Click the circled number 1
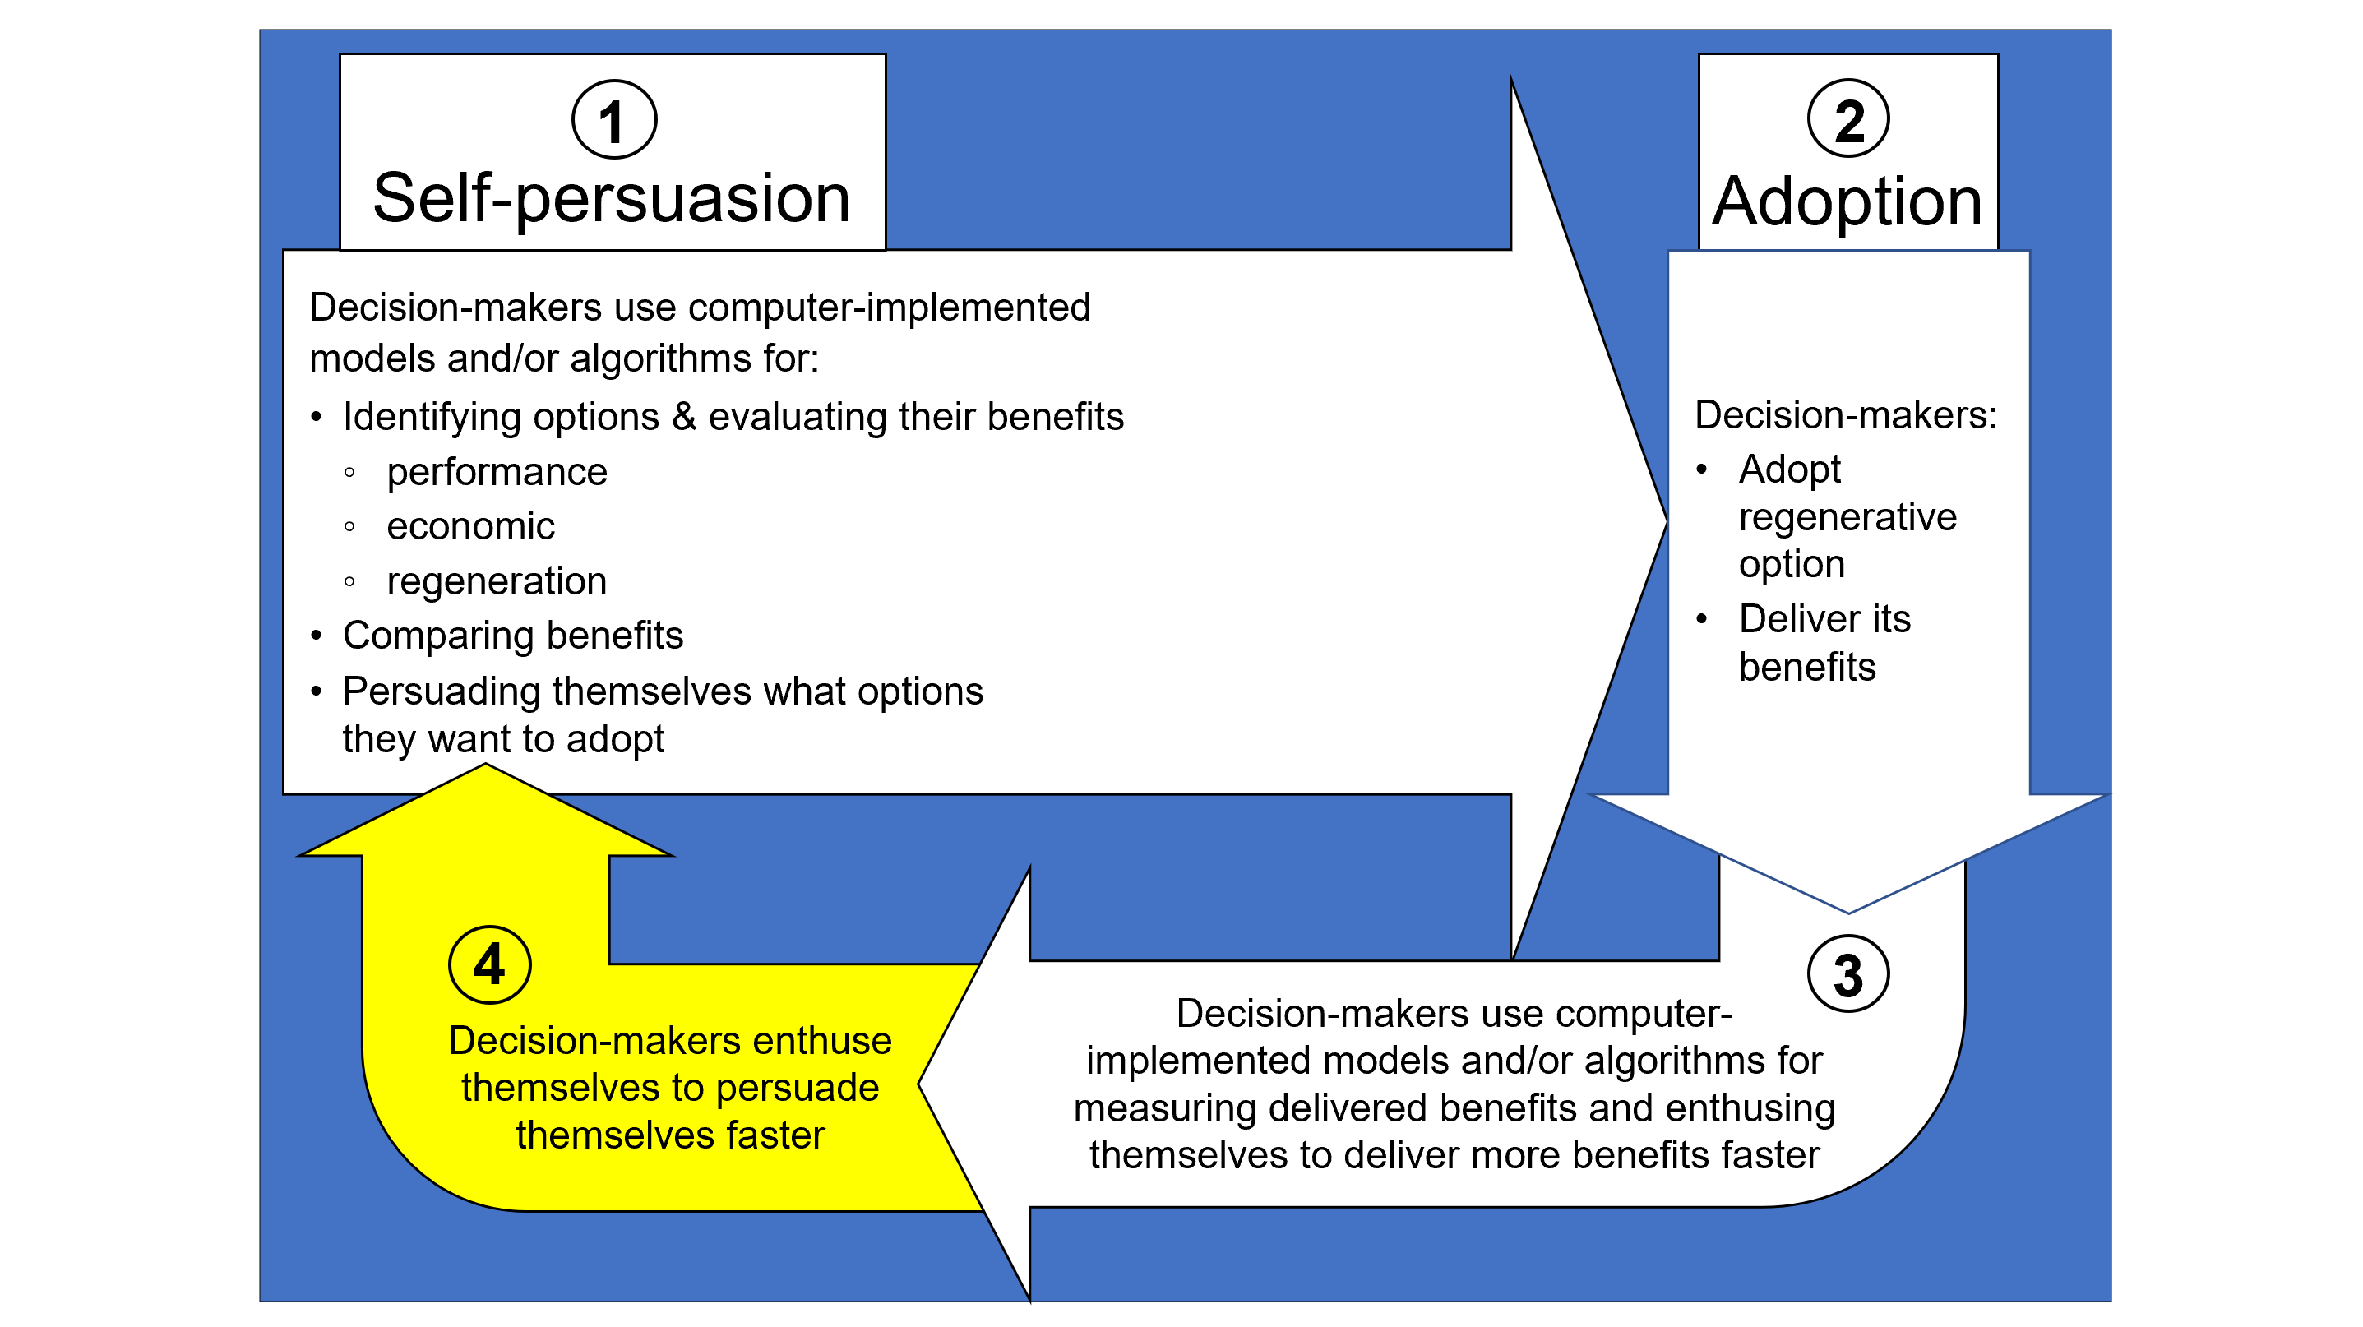(613, 120)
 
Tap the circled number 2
(1847, 119)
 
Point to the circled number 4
(489, 964)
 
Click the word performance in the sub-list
(497, 472)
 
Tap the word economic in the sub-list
(470, 526)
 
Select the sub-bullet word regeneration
(497, 581)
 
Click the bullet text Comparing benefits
(513, 636)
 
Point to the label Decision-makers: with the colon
(1846, 415)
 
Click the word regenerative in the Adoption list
(1847, 517)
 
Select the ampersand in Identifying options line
(684, 418)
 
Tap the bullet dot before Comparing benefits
(317, 636)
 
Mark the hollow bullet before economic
(349, 526)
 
